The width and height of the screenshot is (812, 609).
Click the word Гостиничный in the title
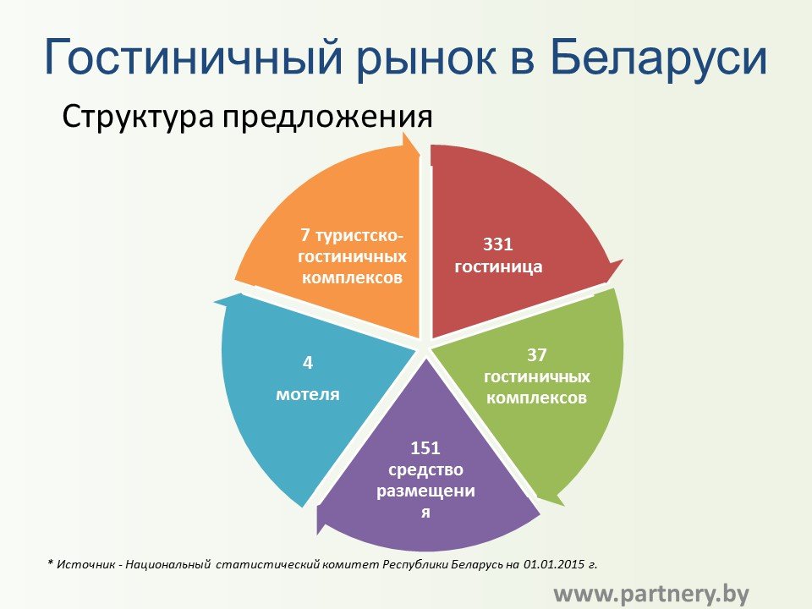point(195,57)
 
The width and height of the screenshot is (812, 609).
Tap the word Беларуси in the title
point(658,56)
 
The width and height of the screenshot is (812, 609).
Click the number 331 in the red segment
point(497,244)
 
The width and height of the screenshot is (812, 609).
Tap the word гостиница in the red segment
point(498,266)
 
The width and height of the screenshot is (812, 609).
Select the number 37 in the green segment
point(537,354)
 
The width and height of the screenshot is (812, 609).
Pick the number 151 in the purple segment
point(425,447)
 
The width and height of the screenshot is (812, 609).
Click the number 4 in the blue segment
point(308,363)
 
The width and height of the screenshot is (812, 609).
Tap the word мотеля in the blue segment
point(308,394)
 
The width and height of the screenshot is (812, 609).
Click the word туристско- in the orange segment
point(359,235)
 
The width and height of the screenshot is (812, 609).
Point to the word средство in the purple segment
point(425,470)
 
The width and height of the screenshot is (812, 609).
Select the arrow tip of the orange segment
point(420,153)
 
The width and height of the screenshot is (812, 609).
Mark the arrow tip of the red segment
point(623,261)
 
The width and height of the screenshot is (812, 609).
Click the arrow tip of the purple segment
point(318,534)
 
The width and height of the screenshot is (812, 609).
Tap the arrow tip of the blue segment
point(214,301)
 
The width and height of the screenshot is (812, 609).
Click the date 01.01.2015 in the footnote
point(554,564)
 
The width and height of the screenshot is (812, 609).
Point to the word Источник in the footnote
point(85,564)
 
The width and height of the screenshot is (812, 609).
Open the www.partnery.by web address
point(651,594)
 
